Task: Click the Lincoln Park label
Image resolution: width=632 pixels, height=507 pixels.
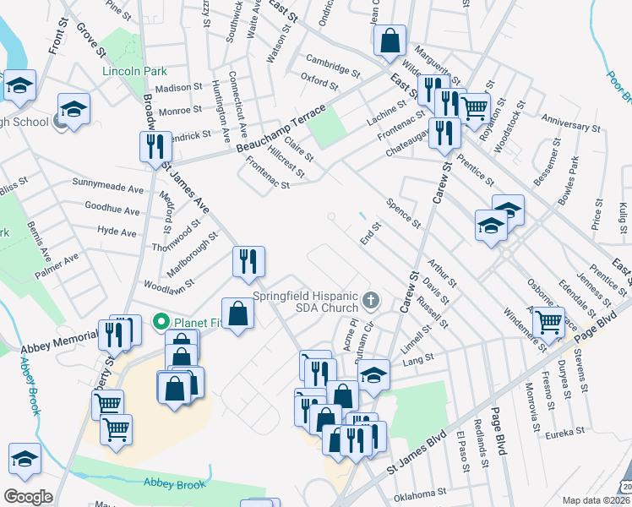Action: pos(134,72)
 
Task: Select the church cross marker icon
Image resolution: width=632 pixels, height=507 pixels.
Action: pos(370,300)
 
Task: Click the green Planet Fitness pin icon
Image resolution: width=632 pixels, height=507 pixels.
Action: pos(160,322)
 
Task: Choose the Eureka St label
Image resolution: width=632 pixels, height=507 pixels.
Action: pos(565,432)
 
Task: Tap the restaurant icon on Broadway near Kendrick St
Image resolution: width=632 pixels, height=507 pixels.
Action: pos(155,146)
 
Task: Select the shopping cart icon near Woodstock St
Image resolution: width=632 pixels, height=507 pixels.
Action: pos(476,106)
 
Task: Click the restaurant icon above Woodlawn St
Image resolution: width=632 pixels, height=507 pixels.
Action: pos(248,260)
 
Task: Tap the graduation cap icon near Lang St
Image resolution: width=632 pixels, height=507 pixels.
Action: pos(373,374)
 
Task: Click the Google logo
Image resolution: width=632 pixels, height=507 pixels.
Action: pos(28,496)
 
